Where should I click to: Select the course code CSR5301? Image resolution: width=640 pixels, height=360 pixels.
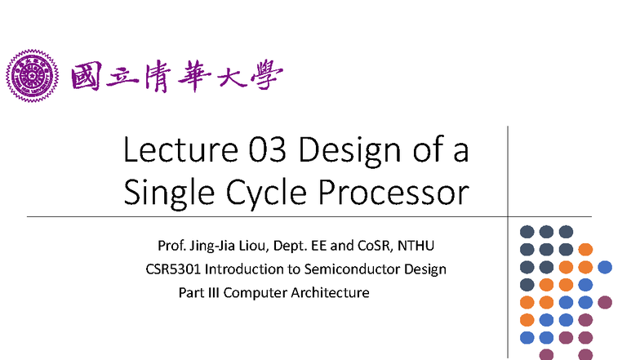169,269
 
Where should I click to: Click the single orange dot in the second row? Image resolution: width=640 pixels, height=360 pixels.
584,249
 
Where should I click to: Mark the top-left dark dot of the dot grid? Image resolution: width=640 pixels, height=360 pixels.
527,231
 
